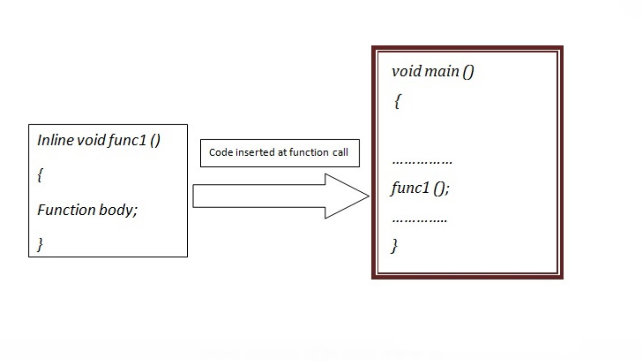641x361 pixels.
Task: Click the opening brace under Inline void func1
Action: tap(40, 175)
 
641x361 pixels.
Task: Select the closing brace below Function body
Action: tap(40, 244)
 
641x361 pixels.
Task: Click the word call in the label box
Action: tap(340, 152)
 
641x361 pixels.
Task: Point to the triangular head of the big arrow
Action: tap(345, 196)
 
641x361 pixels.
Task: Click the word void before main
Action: tap(406, 71)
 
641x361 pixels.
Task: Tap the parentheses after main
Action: tap(468, 71)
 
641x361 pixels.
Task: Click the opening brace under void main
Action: tap(397, 101)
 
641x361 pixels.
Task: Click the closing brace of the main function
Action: tap(395, 245)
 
